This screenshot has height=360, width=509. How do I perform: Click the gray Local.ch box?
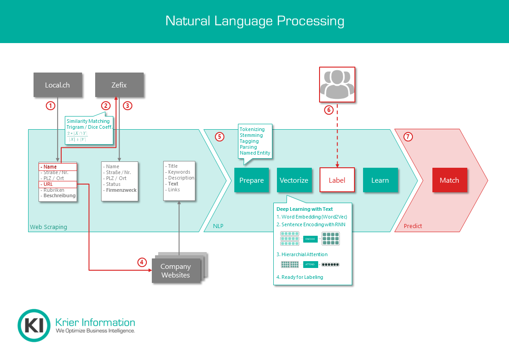58,85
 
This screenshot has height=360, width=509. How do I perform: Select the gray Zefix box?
119,85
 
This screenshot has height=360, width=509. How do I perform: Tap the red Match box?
449,180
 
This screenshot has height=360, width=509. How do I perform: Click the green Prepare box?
252,180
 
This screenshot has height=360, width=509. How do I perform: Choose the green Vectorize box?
294,180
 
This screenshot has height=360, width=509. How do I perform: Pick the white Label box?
337,180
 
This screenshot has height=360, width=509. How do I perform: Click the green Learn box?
380,180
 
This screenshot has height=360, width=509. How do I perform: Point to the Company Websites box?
175,271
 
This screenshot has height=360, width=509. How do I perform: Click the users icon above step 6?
337,84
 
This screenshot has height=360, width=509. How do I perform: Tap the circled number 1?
51,106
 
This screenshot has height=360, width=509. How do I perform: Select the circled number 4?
142,262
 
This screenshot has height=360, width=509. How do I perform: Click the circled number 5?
219,136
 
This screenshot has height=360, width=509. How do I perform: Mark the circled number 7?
408,136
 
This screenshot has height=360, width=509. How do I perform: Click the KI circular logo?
34,325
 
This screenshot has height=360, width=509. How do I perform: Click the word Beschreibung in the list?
59,196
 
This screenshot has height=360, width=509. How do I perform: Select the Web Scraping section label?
48,227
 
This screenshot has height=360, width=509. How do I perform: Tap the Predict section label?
412,226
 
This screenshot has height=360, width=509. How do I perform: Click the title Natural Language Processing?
255,21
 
